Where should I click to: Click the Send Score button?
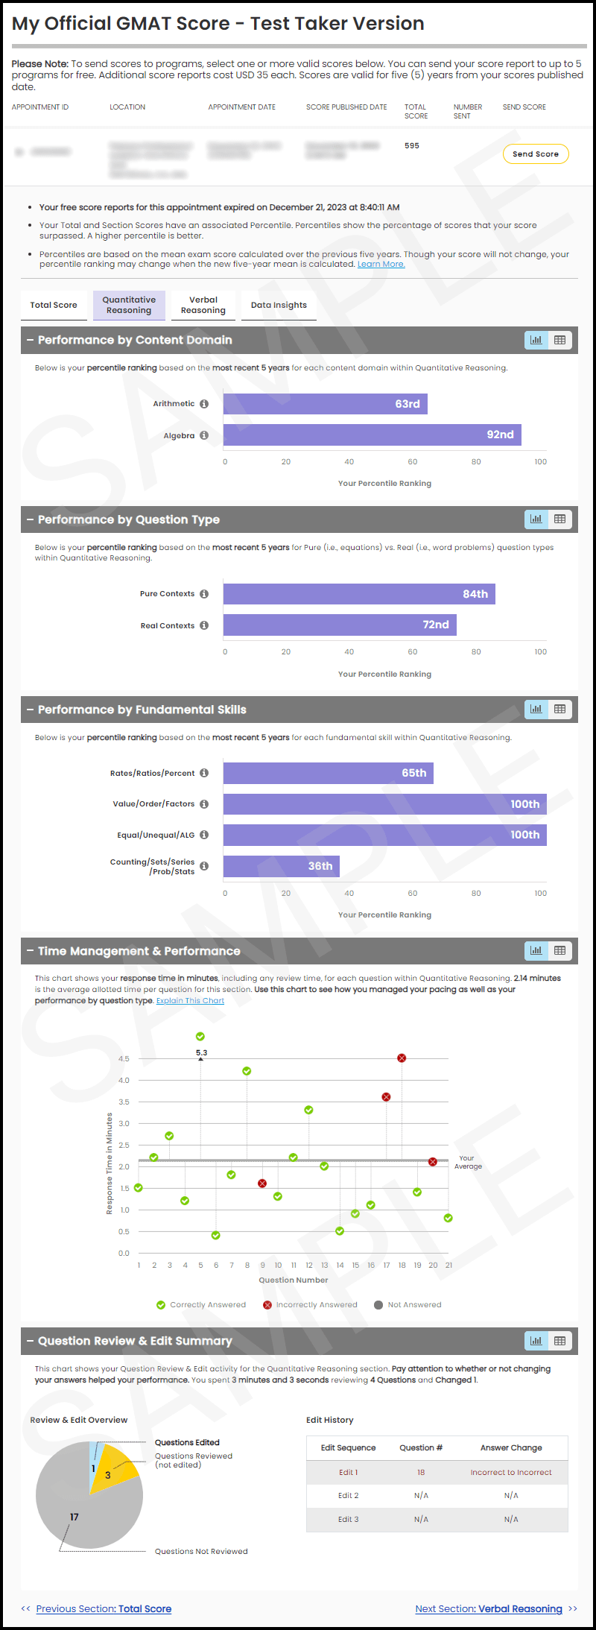pyautogui.click(x=536, y=154)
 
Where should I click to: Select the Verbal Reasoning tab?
pyautogui.click(x=203, y=305)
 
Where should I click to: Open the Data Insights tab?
pyautogui.click(x=279, y=305)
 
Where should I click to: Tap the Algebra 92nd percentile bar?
pyautogui.click(x=372, y=435)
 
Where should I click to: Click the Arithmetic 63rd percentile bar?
pyautogui.click(x=325, y=404)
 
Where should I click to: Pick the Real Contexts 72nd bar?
pyautogui.click(x=340, y=625)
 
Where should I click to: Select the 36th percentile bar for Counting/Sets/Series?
pyautogui.click(x=282, y=866)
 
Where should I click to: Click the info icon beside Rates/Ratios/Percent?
pyautogui.click(x=204, y=773)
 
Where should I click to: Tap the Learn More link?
pyautogui.click(x=381, y=264)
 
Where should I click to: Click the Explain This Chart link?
pyautogui.click(x=190, y=1000)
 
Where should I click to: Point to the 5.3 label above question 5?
pyautogui.click(x=201, y=1052)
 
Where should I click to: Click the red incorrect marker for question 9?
pyautogui.click(x=262, y=1184)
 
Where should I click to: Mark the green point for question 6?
pyautogui.click(x=216, y=1235)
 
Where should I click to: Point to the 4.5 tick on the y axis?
pyautogui.click(x=124, y=1058)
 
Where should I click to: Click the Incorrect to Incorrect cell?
pyautogui.click(x=511, y=1472)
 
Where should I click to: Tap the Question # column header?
pyautogui.click(x=421, y=1447)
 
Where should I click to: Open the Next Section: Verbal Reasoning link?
pyautogui.click(x=489, y=1608)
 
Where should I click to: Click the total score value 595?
pyautogui.click(x=412, y=145)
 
